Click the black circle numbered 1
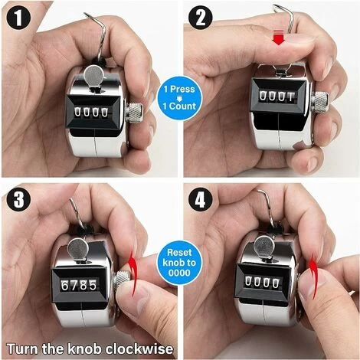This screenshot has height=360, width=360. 18,18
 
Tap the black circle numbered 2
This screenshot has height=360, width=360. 201,18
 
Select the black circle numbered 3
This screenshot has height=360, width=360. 18,199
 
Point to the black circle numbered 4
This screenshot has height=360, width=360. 201,199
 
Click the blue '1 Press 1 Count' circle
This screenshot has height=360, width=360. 179,98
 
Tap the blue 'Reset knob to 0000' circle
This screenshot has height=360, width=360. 179,263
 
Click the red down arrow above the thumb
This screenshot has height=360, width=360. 279,37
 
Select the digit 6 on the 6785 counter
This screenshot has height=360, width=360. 65,285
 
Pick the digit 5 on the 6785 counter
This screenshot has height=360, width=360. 93,285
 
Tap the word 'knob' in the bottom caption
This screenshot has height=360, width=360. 84,349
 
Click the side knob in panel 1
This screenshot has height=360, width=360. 134,112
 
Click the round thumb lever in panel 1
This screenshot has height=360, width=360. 94,75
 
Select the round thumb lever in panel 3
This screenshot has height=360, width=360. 78,248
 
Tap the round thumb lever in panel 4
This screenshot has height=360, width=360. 264,246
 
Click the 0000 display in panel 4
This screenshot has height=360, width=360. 262,283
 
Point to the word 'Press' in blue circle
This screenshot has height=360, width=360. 182,89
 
